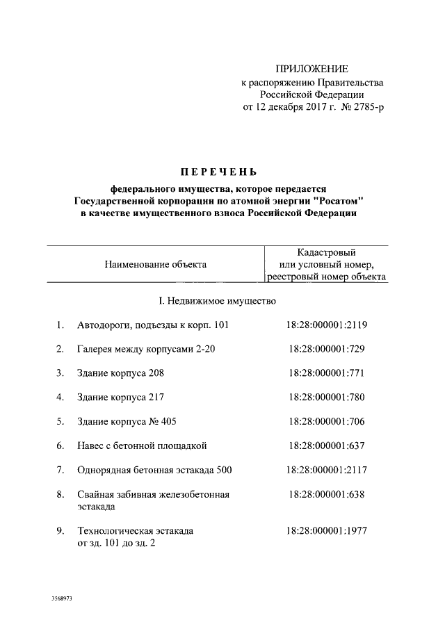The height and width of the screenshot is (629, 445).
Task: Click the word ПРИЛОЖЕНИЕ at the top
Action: point(312,69)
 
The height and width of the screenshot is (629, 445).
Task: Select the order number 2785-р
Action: point(366,108)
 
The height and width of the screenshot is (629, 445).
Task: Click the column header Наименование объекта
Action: point(155,264)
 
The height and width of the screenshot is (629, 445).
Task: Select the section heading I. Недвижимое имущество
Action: point(218,301)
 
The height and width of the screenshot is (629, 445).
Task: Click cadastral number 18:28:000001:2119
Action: point(326,325)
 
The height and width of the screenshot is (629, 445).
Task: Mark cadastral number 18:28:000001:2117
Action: point(326,470)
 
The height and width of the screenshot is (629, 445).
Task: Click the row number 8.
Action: point(60,494)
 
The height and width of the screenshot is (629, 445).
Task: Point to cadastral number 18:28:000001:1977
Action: point(326,531)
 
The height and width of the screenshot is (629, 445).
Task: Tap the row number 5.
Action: point(60,421)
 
